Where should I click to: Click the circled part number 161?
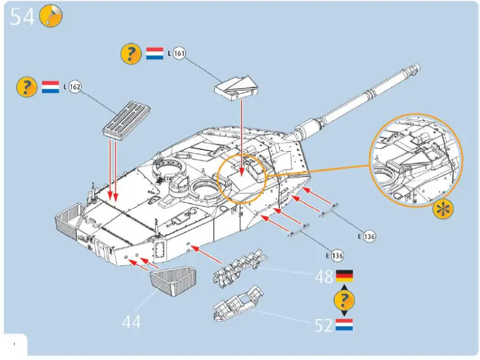tap(180, 54)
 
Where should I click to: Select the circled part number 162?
tap(75, 87)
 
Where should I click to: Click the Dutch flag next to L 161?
tap(154, 54)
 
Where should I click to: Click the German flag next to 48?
tap(344, 275)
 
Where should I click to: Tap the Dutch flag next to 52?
tap(344, 325)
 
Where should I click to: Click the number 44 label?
tap(131, 321)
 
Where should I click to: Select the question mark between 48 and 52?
tap(344, 300)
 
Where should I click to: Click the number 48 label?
tap(324, 276)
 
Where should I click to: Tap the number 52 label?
tap(324, 326)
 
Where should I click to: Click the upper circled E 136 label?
tap(369, 236)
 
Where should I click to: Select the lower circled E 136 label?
tap(336, 255)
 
